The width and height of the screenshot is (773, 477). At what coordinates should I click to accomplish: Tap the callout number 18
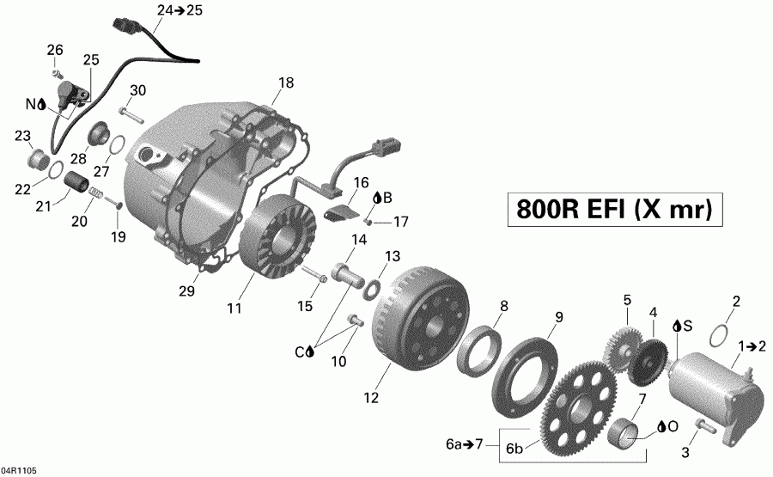(x=285, y=83)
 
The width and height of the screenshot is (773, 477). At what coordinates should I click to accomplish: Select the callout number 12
(x=370, y=397)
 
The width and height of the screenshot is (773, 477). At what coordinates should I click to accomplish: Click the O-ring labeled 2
(x=724, y=331)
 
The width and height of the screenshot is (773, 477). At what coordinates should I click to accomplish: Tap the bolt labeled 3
(x=701, y=425)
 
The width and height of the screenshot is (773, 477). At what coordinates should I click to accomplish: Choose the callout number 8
(x=504, y=305)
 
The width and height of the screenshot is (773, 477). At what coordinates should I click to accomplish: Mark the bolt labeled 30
(x=128, y=113)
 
